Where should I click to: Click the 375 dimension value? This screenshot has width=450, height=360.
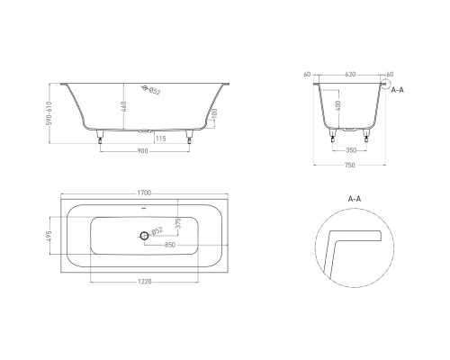[x=178, y=223]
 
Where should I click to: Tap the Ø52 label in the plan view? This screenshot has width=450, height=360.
[x=157, y=231]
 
